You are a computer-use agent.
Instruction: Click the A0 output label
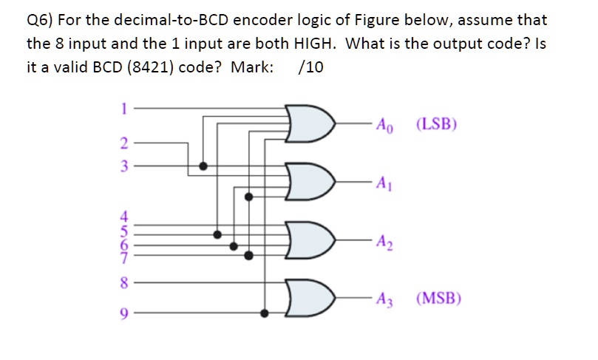pos(386,124)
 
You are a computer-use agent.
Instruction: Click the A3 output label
pos(384,299)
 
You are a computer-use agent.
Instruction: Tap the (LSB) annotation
pos(437,123)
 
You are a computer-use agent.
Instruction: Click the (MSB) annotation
pos(439,299)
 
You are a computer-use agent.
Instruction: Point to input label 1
pos(124,106)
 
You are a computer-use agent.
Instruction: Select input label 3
pos(124,166)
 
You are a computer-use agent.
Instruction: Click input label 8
pos(124,282)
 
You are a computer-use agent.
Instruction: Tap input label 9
pos(124,313)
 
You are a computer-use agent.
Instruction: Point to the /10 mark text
pos(310,67)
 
